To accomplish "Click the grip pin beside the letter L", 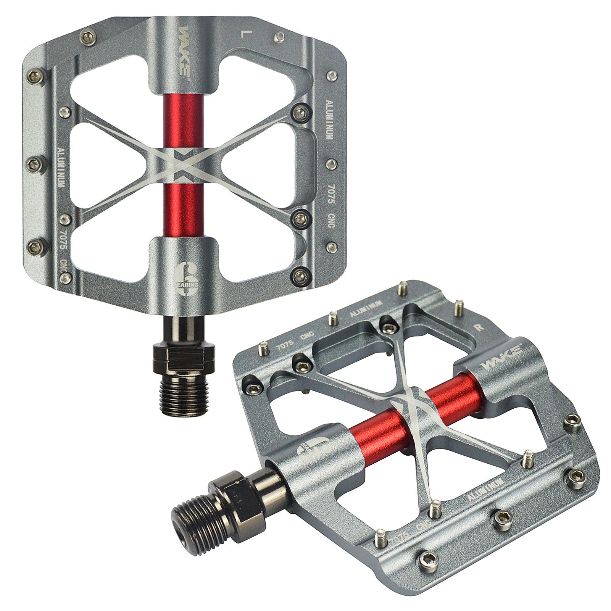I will [281, 37].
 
